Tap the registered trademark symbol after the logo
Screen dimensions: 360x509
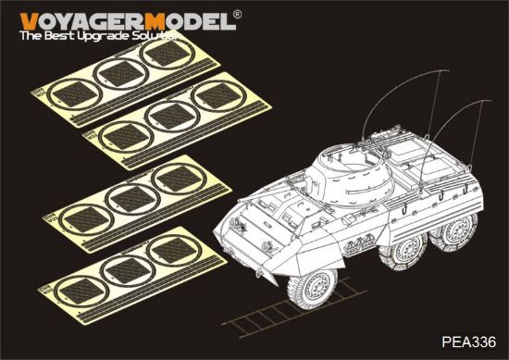235,15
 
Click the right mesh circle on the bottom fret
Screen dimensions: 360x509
168,250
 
